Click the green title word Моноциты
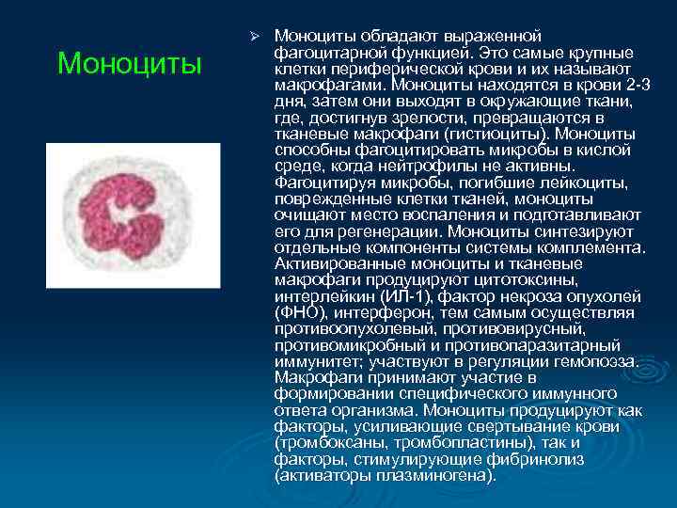pos(129,64)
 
